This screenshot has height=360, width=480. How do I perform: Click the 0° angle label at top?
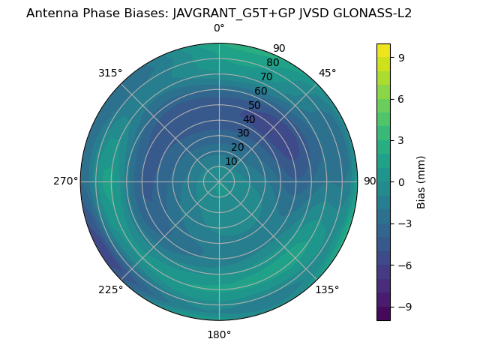click(219, 28)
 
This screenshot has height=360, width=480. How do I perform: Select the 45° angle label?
click(327, 73)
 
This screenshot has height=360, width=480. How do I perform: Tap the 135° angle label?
click(327, 289)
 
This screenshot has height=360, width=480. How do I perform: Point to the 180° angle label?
click(219, 334)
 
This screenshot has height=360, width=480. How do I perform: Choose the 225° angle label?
click(110, 289)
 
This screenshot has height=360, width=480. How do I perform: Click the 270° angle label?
click(65, 181)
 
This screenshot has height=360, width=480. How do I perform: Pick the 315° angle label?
click(110, 73)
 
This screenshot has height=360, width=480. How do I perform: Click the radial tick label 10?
click(231, 161)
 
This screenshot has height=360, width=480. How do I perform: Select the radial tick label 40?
click(249, 119)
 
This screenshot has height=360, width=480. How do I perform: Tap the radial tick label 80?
click(272, 62)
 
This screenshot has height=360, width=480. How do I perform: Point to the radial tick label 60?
click(260, 91)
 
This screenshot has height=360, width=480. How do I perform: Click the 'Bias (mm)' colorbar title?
click(421, 181)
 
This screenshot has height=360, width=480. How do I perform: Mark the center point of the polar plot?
click(219, 181)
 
